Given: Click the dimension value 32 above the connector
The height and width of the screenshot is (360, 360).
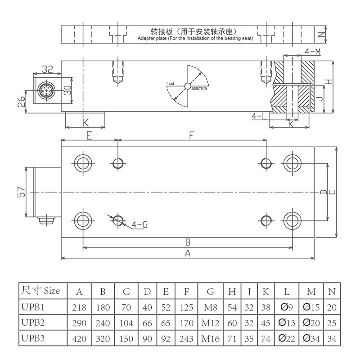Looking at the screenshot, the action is point(47,70).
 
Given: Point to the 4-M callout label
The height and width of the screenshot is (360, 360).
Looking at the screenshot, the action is point(312,52).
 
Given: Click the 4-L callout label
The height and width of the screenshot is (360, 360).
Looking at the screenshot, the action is point(260,117).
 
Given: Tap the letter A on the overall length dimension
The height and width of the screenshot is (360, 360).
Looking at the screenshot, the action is point(188,253).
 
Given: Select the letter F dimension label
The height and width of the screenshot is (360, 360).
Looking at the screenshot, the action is point(192,135).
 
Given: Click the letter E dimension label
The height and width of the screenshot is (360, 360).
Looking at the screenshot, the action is point(89,135).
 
